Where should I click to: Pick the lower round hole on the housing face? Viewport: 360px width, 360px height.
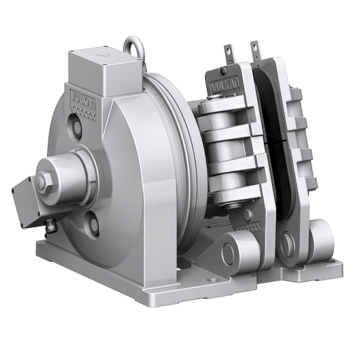[x=94, y=225]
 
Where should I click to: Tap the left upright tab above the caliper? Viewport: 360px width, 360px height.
[x=228, y=52]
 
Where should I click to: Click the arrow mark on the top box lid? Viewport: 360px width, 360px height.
[x=101, y=57]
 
